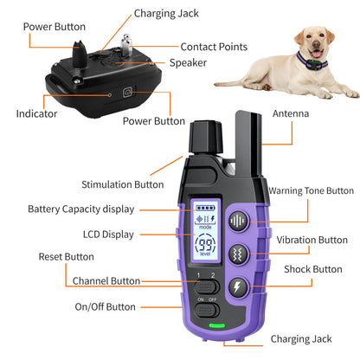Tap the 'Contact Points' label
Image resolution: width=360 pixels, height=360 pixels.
point(216,46)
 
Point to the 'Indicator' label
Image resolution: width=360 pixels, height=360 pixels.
point(37,113)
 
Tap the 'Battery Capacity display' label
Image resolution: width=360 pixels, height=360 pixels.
point(80,209)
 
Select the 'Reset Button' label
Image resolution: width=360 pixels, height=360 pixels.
point(67,257)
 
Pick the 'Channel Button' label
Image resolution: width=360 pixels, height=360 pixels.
point(106,281)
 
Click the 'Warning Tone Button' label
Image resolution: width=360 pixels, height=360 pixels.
point(311,191)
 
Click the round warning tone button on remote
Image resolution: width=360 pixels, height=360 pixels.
point(238,221)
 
